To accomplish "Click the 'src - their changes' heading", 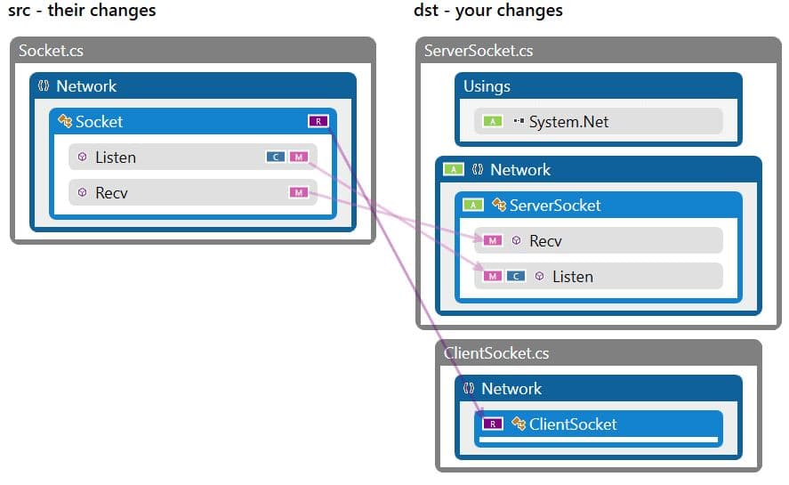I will point(82,11).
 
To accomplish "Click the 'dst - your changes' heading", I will point(488,11).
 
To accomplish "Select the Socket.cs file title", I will point(51,51).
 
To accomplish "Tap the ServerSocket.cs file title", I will point(479,51).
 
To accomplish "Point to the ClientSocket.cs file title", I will point(495,353).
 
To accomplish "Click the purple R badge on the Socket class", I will point(318,122).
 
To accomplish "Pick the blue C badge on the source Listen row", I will point(276,158).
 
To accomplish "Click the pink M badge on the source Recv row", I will point(298,192).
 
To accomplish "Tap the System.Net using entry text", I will point(568,122).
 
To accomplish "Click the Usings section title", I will point(487,86).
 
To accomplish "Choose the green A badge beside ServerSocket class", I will point(473,206).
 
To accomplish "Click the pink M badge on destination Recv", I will point(493,241).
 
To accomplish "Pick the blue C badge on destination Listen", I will point(515,277).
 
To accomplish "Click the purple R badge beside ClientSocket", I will point(492,424).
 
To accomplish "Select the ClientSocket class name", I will point(572,424).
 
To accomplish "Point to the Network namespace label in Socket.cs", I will point(86,86).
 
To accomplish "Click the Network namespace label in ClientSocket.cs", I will point(511,389).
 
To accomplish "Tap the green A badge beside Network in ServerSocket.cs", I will point(454,170).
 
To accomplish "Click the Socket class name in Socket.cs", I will point(99,122).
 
